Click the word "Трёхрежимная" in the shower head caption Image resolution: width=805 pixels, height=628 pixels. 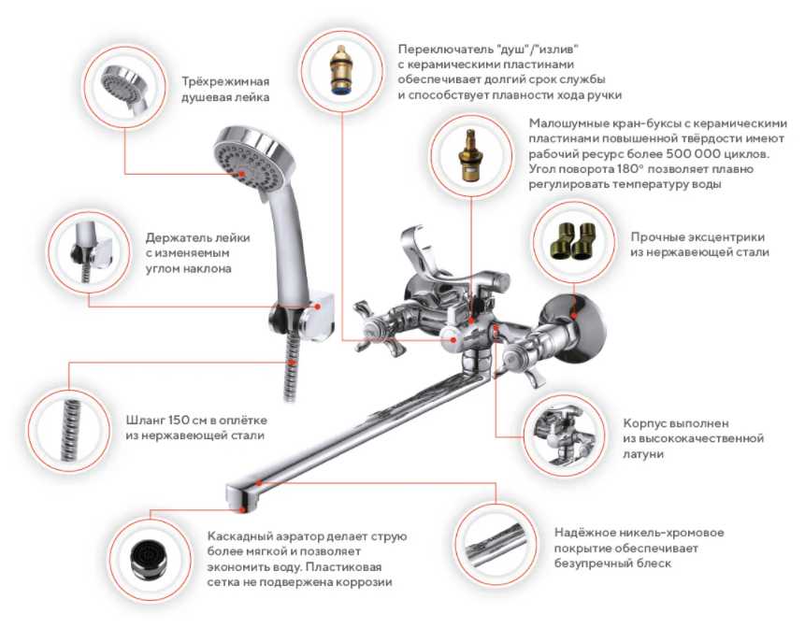click(225, 82)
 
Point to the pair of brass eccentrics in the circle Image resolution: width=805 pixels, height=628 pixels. click(574, 240)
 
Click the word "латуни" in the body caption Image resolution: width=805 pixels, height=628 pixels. click(643, 454)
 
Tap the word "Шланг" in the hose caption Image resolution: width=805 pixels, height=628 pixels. click(142, 421)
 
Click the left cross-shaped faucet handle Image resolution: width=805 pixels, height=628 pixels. click(378, 328)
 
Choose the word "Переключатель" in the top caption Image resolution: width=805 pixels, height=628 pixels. click(446, 50)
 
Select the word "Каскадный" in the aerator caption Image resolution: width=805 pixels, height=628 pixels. click(239, 536)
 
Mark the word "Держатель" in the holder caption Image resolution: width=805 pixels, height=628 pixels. click(177, 238)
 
